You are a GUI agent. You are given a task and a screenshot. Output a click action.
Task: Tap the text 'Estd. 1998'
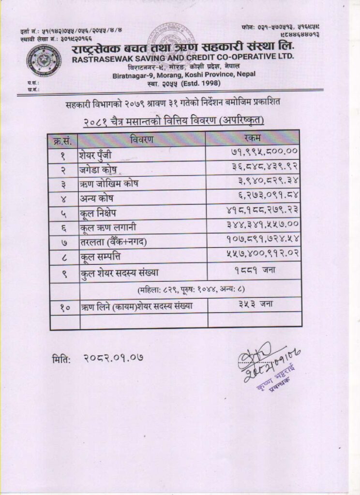[x=206, y=83]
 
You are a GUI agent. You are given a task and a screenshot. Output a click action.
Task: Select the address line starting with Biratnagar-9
[x=184, y=75]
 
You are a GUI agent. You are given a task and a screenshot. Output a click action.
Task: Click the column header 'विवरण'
[x=142, y=139]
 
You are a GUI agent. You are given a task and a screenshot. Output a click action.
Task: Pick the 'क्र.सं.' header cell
[x=64, y=140]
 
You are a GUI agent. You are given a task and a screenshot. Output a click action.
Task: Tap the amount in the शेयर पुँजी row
[x=263, y=152]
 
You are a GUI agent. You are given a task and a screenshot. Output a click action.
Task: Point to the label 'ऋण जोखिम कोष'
[x=109, y=185]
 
